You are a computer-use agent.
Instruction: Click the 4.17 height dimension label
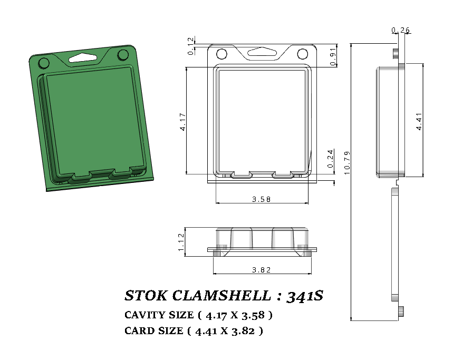[182, 121]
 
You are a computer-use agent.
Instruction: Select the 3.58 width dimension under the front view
[262, 199]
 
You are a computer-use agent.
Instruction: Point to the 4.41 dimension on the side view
[418, 121]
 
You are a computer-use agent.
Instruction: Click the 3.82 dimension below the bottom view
[262, 270]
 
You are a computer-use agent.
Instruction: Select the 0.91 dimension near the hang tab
[332, 56]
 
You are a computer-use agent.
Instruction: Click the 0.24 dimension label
[331, 159]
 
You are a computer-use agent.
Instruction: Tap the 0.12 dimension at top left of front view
[190, 45]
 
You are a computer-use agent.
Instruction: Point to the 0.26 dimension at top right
[401, 30]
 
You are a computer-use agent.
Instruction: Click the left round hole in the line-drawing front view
[222, 54]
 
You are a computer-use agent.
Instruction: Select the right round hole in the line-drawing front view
[303, 54]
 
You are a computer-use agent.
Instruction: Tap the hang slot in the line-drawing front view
[262, 52]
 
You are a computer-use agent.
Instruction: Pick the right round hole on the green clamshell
[123, 55]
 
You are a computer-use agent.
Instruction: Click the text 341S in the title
[304, 296]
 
